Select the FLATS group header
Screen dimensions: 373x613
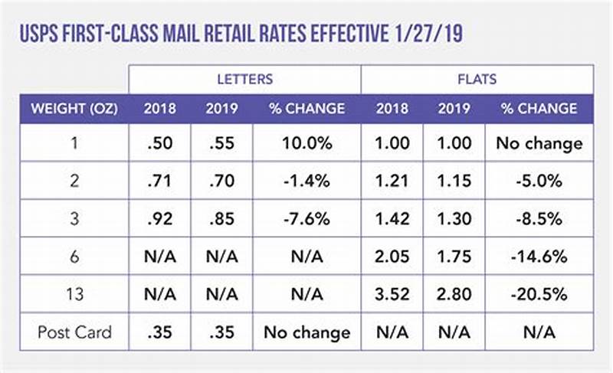pyautogui.click(x=477, y=79)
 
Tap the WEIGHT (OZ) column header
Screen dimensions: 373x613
pyautogui.click(x=74, y=109)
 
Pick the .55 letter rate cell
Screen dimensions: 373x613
pyautogui.click(x=221, y=143)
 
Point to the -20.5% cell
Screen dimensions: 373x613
pyautogui.click(x=539, y=294)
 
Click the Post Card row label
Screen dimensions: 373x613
pyautogui.click(x=74, y=332)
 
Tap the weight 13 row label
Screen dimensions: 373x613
pyautogui.click(x=74, y=294)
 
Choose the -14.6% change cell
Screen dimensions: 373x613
pyautogui.click(x=539, y=257)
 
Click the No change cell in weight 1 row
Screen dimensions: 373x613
pyautogui.click(x=539, y=143)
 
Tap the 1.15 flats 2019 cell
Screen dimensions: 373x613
pyautogui.click(x=454, y=181)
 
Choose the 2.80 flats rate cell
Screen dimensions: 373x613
pyautogui.click(x=454, y=294)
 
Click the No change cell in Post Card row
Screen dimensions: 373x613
pyautogui.click(x=306, y=332)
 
